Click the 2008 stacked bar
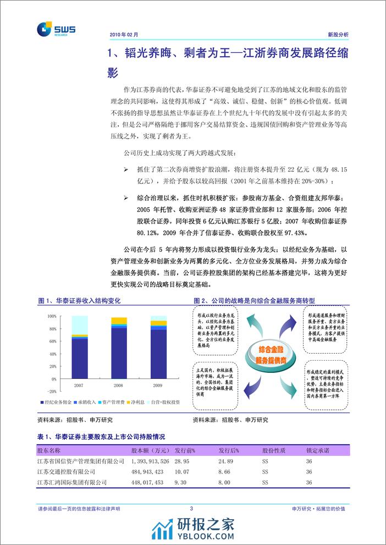(x=119, y=349)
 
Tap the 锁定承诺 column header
(x=319, y=450)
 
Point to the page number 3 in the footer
(x=191, y=509)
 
